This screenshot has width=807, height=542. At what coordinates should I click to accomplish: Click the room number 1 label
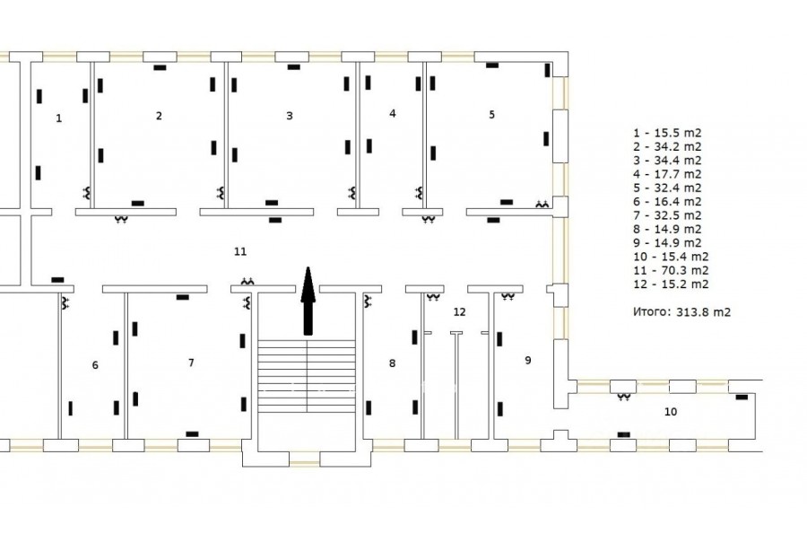pyautogui.click(x=58, y=118)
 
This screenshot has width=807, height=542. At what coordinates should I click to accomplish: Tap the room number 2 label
pyautogui.click(x=159, y=116)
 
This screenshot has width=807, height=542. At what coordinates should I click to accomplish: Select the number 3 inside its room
pyautogui.click(x=290, y=116)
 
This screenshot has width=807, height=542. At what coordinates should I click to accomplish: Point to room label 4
pyautogui.click(x=393, y=113)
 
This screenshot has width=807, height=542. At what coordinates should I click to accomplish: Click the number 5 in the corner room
pyautogui.click(x=491, y=114)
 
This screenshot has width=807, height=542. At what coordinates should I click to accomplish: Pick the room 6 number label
pyautogui.click(x=95, y=365)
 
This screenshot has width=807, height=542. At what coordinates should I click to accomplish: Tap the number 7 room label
pyautogui.click(x=191, y=363)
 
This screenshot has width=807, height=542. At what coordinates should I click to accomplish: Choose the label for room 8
pyautogui.click(x=392, y=363)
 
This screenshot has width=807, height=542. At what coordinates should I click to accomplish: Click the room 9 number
pyautogui.click(x=527, y=360)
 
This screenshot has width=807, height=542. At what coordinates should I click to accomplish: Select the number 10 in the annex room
pyautogui.click(x=671, y=412)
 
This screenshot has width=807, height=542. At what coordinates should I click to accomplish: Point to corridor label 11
pyautogui.click(x=240, y=251)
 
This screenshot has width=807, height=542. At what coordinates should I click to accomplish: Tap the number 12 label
pyautogui.click(x=460, y=311)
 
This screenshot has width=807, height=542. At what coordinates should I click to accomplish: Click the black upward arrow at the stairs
pyautogui.click(x=308, y=301)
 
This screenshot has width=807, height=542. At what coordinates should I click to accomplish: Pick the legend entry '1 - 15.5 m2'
pyautogui.click(x=667, y=133)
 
